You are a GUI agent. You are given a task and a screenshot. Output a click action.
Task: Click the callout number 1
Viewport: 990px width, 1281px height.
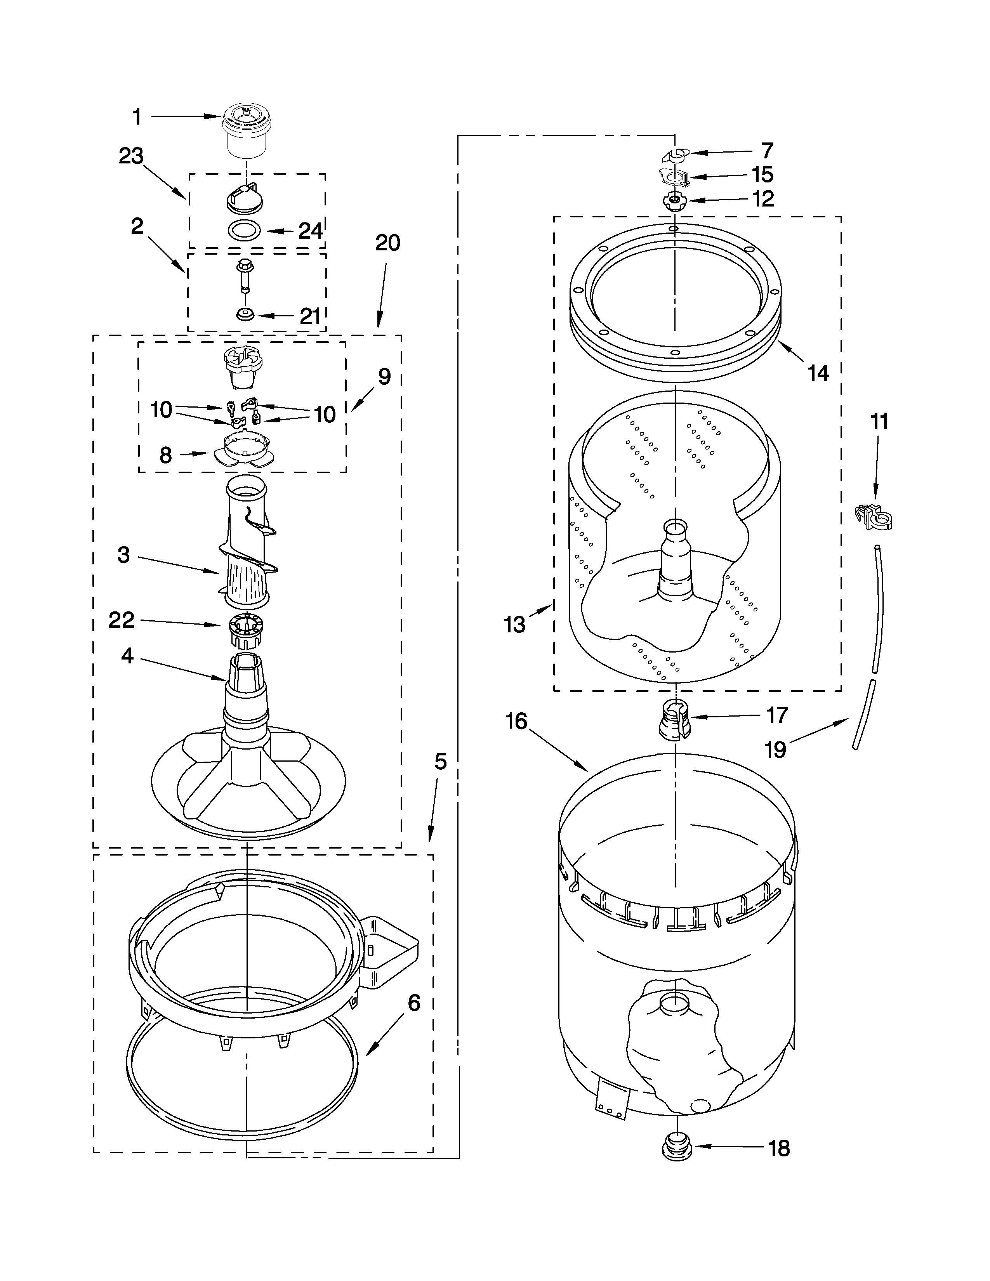coord(137,117)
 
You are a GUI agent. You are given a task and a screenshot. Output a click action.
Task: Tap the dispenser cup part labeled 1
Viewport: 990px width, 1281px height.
coord(246,132)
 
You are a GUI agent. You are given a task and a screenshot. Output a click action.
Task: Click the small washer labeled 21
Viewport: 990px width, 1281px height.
coord(244,315)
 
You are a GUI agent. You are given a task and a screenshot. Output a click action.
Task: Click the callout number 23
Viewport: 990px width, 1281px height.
coord(131,156)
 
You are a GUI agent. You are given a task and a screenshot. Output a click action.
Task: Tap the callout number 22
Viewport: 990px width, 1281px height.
coord(122,620)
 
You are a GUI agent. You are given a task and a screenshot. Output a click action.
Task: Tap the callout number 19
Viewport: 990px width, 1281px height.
coord(775,749)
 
